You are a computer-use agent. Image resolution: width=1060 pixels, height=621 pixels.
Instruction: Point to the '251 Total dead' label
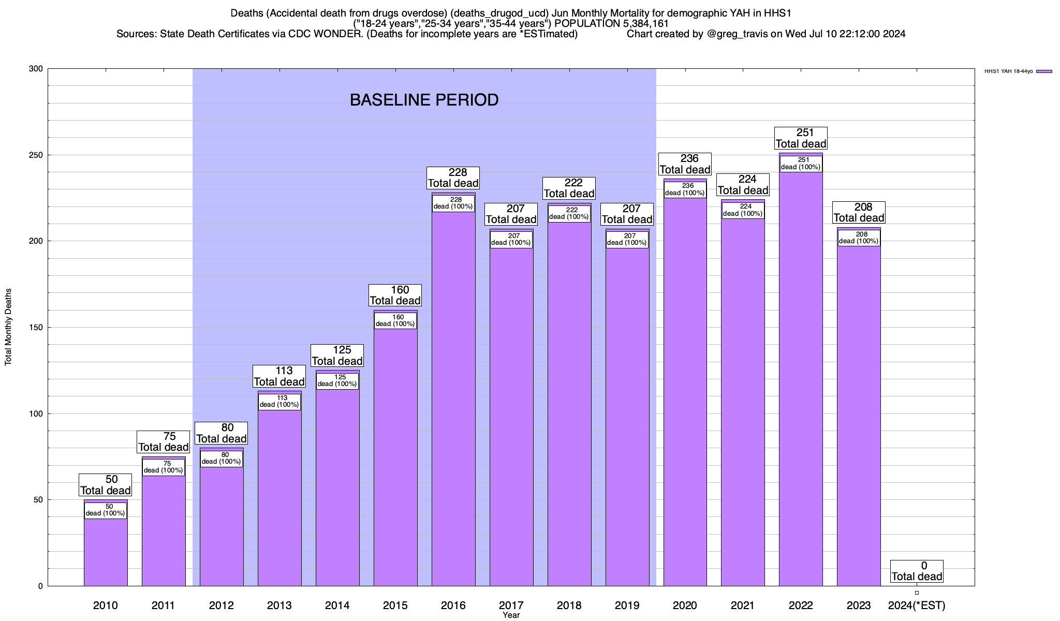(801, 139)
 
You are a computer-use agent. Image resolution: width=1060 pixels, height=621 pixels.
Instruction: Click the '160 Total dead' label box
(395, 295)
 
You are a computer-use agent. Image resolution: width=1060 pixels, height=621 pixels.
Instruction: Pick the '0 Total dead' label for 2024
(917, 571)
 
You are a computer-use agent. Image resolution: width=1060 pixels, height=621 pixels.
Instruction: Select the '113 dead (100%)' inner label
(279, 402)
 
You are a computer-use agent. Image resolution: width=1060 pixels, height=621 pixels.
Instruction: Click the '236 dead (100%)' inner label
(685, 189)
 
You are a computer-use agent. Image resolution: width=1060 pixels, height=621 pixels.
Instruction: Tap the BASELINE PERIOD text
(424, 100)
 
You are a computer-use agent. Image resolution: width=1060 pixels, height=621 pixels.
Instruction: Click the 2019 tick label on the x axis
(627, 605)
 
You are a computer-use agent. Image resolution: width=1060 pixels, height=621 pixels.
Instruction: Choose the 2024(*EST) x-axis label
(917, 605)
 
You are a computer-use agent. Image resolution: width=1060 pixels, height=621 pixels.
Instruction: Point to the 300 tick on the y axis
(37, 69)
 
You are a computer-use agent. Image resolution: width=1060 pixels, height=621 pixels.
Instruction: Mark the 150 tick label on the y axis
(37, 328)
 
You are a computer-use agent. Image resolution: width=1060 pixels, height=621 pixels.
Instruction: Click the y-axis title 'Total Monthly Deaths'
(8, 328)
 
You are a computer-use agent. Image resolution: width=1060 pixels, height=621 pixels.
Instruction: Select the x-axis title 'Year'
(511, 615)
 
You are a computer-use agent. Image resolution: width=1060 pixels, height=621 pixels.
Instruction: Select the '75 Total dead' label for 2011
(164, 442)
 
